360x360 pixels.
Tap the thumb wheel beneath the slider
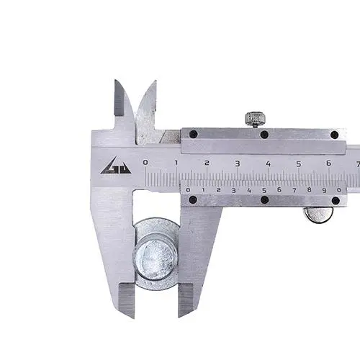pyautogui.click(x=318, y=215)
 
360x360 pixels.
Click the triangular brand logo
pyautogui.click(x=116, y=166)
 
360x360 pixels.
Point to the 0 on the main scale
pyautogui.click(x=145, y=163)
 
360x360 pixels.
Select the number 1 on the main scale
pyautogui.click(x=176, y=163)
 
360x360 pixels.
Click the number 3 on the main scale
pyautogui.click(x=238, y=163)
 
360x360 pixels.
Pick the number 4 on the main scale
pyautogui.click(x=268, y=164)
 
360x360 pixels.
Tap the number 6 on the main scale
pyautogui.click(x=329, y=163)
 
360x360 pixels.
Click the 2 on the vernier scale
pyautogui.click(x=218, y=190)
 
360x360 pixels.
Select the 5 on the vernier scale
pyautogui.click(x=264, y=191)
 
